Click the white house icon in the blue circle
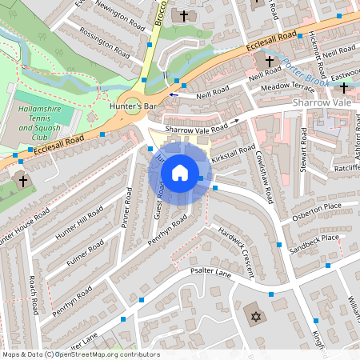click(180, 172)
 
